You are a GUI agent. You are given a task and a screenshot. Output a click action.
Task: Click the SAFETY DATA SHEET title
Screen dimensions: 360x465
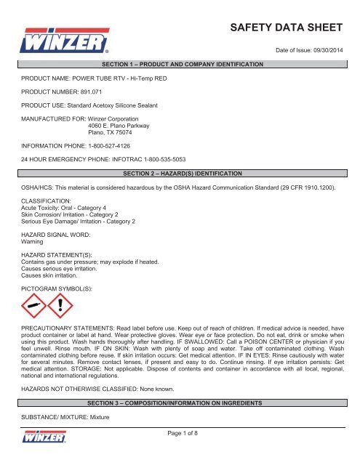(286, 29)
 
